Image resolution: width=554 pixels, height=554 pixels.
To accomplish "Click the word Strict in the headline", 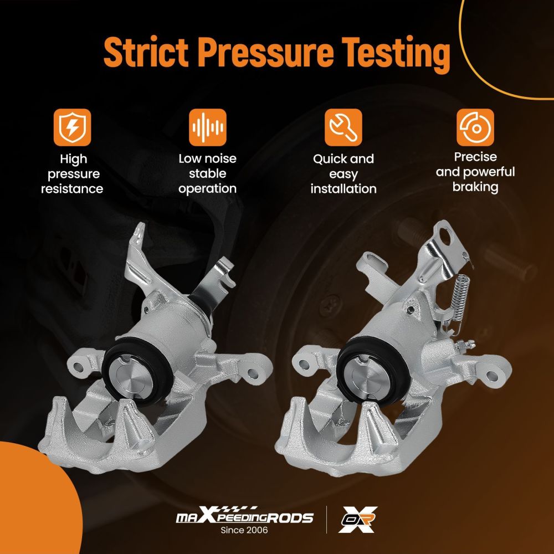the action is [x=146, y=53].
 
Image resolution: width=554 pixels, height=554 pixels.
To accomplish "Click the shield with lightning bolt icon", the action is [x=73, y=127].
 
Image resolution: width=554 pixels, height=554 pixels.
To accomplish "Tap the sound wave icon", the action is [x=207, y=127].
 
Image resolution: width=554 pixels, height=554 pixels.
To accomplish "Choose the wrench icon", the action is [x=343, y=127].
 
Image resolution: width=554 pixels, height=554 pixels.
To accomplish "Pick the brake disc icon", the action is [x=475, y=127].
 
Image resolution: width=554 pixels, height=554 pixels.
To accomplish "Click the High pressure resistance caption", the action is [x=72, y=173].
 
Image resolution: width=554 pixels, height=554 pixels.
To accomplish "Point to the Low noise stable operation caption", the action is [x=207, y=173].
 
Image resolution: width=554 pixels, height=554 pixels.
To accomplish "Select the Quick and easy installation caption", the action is [x=343, y=173].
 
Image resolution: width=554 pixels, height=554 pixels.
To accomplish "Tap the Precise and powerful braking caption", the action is [x=475, y=172].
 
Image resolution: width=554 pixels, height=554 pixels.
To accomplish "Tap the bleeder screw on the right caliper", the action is [x=465, y=345].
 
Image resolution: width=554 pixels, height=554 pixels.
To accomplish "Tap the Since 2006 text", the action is [x=244, y=530].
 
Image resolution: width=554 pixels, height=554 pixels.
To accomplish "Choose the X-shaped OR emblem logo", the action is [x=358, y=519].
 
